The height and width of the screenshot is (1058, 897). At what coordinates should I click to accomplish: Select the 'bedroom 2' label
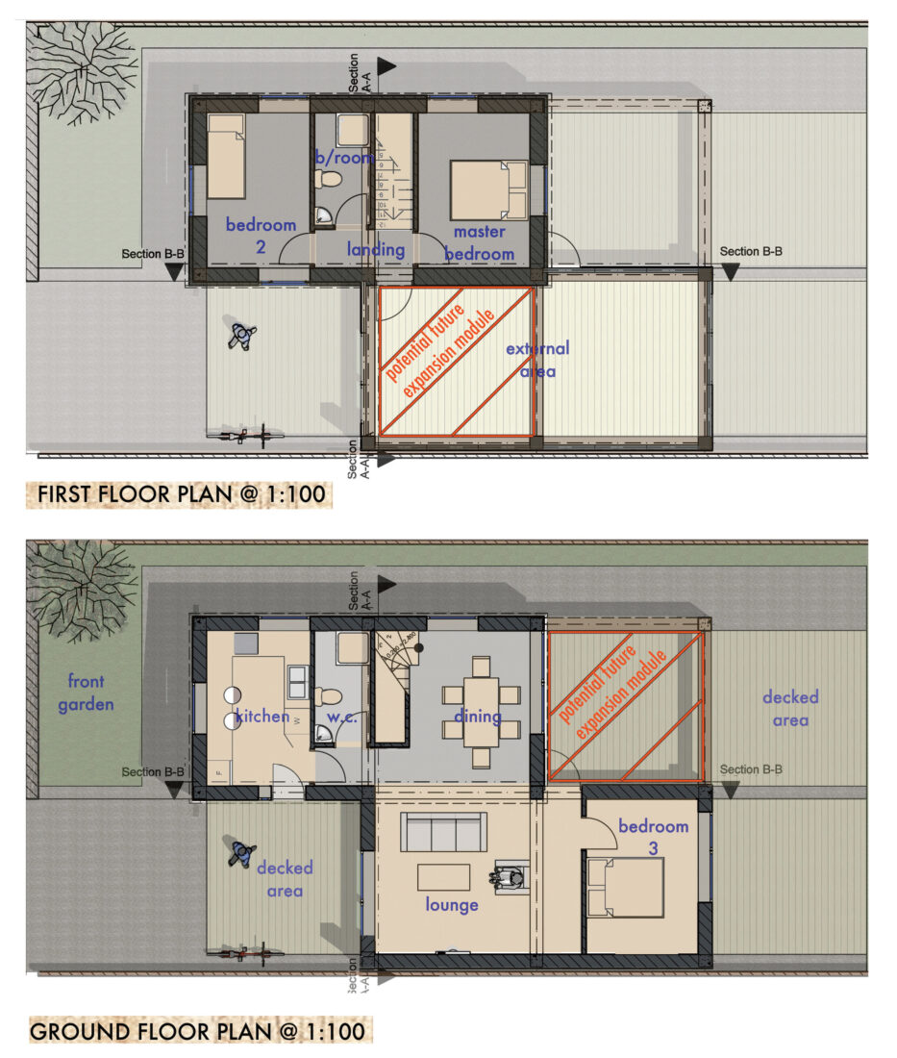(261, 235)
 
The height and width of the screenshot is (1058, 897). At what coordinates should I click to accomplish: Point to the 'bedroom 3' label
(654, 837)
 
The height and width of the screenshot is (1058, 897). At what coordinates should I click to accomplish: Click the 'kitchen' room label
(262, 716)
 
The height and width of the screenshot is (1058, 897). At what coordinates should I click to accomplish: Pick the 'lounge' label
(452, 905)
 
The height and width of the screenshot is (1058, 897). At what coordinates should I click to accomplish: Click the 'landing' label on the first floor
(375, 250)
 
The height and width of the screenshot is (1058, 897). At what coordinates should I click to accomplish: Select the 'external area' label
(537, 358)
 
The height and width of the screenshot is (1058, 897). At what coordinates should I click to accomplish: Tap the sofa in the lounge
(442, 831)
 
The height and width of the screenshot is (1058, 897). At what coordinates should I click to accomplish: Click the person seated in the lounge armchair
(508, 876)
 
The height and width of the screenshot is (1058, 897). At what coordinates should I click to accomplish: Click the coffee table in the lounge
(443, 876)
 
